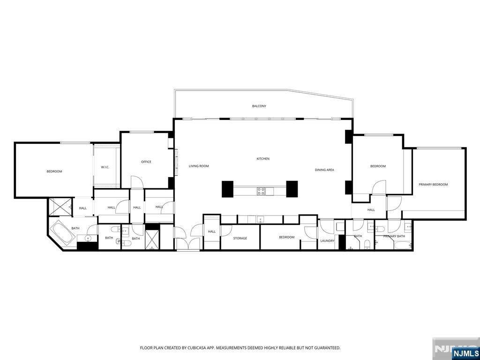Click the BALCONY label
(259, 106)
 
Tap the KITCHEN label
(263, 159)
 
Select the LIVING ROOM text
(199, 166)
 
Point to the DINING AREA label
(324, 170)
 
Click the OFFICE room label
(146, 162)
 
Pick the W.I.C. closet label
(105, 167)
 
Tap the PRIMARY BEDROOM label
(433, 185)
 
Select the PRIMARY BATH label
(394, 236)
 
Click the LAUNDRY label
(327, 241)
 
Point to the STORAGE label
(240, 239)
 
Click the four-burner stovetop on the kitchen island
(261, 191)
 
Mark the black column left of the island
(227, 188)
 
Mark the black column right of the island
(292, 188)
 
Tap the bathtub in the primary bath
(402, 245)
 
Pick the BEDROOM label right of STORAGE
(287, 237)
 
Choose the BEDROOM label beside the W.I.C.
(54, 172)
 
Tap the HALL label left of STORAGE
(212, 232)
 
